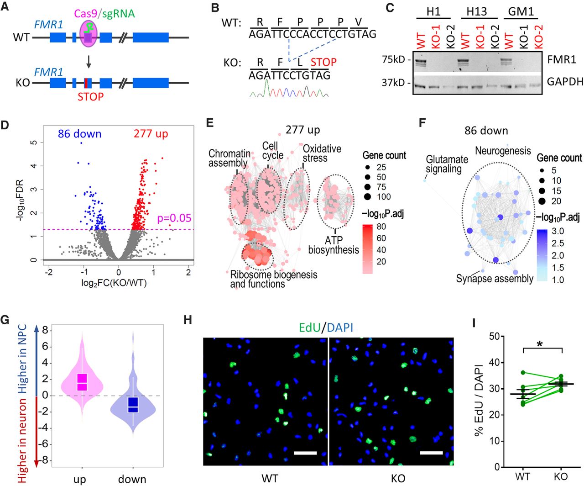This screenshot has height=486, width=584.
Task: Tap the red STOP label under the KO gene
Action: [91, 96]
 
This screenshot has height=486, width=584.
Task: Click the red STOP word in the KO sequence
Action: [323, 62]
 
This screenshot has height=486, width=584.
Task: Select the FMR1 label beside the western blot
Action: [561, 59]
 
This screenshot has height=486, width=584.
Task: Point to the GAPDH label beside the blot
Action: [565, 81]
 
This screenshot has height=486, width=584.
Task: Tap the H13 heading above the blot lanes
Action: [477, 11]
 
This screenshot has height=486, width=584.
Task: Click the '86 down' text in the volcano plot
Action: [80, 134]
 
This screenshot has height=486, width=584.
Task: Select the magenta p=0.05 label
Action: [174, 218]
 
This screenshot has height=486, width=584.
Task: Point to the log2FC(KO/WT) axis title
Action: [114, 283]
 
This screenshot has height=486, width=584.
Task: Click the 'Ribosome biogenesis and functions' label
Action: [274, 279]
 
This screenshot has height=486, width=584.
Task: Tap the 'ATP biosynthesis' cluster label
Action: [334, 245]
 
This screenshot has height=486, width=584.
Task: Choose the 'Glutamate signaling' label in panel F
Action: [447, 164]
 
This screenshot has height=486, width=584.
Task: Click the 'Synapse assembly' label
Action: [495, 279]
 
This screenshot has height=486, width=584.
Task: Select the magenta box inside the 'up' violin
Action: [82, 382]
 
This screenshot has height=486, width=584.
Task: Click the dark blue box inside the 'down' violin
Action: [133, 405]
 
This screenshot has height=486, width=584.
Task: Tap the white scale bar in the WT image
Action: [305, 453]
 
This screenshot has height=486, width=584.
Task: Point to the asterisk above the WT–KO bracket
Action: [540, 344]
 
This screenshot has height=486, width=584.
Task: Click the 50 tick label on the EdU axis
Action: [495, 336]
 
